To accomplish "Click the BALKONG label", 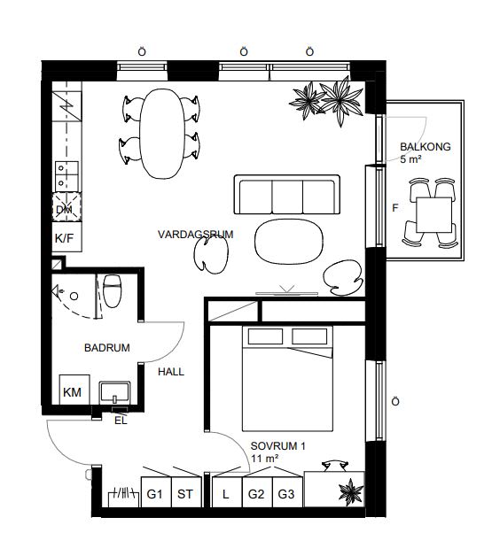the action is click(426, 146).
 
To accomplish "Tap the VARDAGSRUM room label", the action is click(196, 235).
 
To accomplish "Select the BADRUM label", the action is click(107, 347).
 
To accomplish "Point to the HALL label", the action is click(171, 372).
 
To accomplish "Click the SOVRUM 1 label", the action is click(278, 445).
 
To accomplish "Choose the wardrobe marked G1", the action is click(156, 492).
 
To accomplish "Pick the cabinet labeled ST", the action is click(186, 492).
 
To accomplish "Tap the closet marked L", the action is click(227, 492).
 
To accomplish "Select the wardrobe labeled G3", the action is click(287, 492).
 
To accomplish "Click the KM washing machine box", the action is click(74, 390).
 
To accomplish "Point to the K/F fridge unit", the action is click(66, 237).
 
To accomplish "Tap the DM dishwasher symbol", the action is click(66, 207).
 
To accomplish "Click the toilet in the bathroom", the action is click(113, 290).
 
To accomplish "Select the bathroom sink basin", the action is click(114, 393).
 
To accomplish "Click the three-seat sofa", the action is click(287, 194).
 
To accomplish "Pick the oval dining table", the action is click(162, 134).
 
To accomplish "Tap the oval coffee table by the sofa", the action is click(289, 241).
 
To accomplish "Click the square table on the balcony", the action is click(433, 215).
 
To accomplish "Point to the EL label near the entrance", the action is click(121, 421).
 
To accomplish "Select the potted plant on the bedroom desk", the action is click(351, 491).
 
